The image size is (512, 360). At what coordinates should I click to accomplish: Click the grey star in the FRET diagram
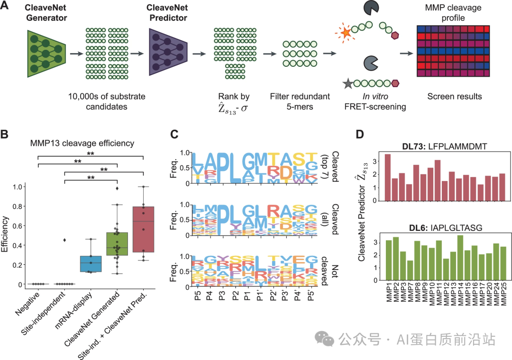(x=348, y=84)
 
